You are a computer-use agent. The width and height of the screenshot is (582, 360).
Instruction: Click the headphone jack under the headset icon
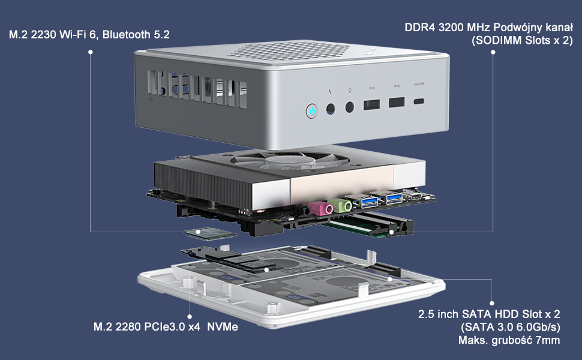[350, 108]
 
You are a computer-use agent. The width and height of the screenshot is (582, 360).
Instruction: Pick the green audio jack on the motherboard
[343, 205]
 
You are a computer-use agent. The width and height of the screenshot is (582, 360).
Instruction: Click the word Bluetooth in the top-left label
[126, 35]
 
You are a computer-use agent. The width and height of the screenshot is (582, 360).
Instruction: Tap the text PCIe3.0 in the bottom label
[166, 327]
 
